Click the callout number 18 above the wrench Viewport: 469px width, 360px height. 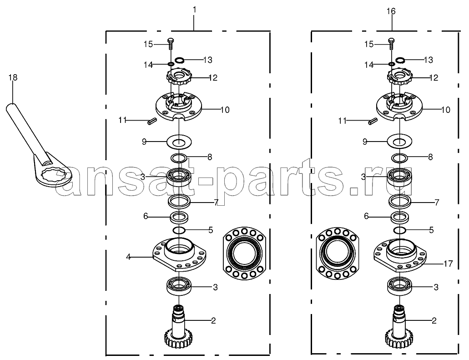pyautogui.click(x=13, y=77)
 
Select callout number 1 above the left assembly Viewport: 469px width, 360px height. pyautogui.click(x=194, y=10)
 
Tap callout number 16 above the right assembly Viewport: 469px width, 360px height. pyautogui.click(x=391, y=11)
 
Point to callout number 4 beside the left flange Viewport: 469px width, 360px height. pyautogui.click(x=128, y=257)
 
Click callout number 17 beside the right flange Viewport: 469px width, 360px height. pyautogui.click(x=448, y=264)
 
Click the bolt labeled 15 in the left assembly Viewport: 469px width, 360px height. pyautogui.click(x=171, y=44)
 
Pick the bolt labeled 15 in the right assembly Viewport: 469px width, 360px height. pyautogui.click(x=391, y=44)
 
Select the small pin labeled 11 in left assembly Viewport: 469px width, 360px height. pyautogui.click(x=152, y=121)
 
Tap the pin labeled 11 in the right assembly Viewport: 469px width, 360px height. pyautogui.click(x=373, y=121)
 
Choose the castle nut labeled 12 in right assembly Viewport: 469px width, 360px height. pyautogui.click(x=400, y=77)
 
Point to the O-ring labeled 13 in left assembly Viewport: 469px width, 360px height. pyautogui.click(x=179, y=60)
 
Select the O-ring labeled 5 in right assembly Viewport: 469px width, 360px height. pyautogui.click(x=399, y=230)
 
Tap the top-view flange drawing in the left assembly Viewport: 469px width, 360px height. pyautogui.click(x=244, y=253)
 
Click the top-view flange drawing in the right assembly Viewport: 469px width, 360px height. pyautogui.click(x=338, y=253)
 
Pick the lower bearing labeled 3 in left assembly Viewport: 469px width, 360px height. pyautogui.click(x=179, y=287)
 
